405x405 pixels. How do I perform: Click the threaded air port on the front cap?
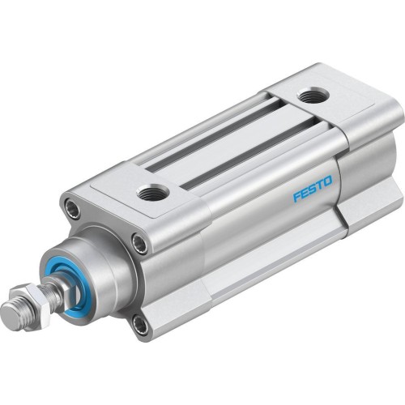[x=151, y=192]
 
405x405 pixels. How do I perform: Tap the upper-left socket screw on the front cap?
[x=75, y=209]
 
